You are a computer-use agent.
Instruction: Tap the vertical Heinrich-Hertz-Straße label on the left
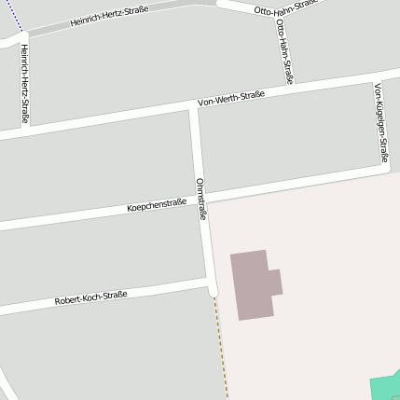coord(23,84)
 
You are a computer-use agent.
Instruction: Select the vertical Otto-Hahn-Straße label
coord(284,50)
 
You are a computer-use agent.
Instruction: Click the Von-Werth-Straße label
coord(231,98)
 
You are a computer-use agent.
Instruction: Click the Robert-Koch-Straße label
coord(90,298)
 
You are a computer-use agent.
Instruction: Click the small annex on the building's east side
coord(275,282)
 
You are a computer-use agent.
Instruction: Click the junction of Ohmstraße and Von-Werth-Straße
coord(194,107)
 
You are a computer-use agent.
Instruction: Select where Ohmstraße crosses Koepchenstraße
coord(204,200)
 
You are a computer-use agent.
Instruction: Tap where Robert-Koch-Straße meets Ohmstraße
coord(211,280)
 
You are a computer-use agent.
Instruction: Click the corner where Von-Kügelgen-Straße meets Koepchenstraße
coord(386,168)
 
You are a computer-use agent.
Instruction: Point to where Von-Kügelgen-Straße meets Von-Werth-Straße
coord(373,76)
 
